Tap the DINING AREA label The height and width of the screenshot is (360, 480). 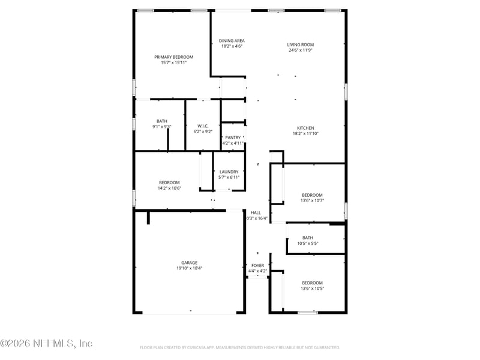pos(232,41)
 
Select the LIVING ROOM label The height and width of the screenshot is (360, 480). pos(300,44)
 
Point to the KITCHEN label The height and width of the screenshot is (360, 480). pos(305,128)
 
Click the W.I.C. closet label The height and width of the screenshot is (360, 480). pos(203,126)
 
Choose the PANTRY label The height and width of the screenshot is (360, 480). pos(233,137)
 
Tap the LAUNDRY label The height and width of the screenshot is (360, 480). pos(229,172)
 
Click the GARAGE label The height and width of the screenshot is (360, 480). pos(190,263)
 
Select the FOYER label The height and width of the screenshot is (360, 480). pos(257,265)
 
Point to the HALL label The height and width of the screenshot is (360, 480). pos(256,212)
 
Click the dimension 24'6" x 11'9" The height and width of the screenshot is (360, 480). pos(300,50)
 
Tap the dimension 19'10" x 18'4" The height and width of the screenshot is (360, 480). pos(190,268)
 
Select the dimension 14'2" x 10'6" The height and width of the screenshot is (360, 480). pos(169,188)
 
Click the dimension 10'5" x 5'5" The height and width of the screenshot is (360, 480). pos(308,243)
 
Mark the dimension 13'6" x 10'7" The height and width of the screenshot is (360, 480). pos(312,200)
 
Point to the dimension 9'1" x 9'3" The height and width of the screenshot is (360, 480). pos(162,127)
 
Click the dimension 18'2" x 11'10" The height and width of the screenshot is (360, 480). pos(305,133)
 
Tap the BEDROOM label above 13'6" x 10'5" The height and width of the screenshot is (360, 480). pos(312,283)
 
